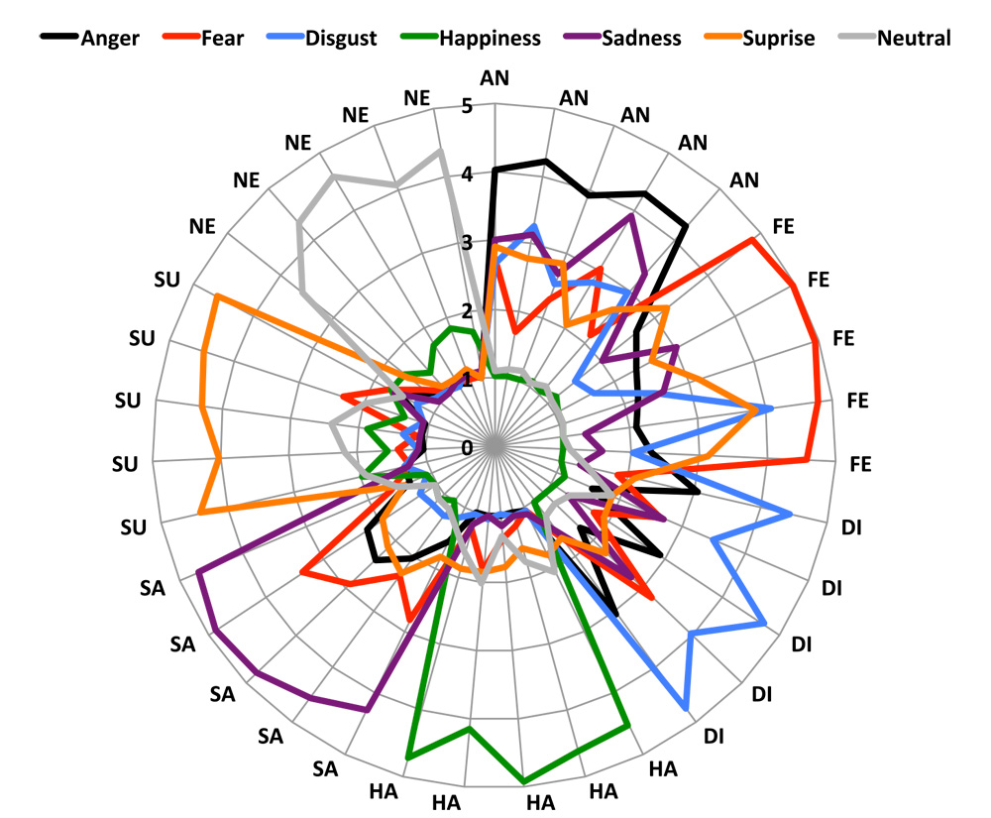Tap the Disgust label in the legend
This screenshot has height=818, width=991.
point(342,39)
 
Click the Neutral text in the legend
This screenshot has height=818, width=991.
point(914,39)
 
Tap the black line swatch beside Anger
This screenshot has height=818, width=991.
point(57,39)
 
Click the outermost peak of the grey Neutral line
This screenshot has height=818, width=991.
point(440,151)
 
